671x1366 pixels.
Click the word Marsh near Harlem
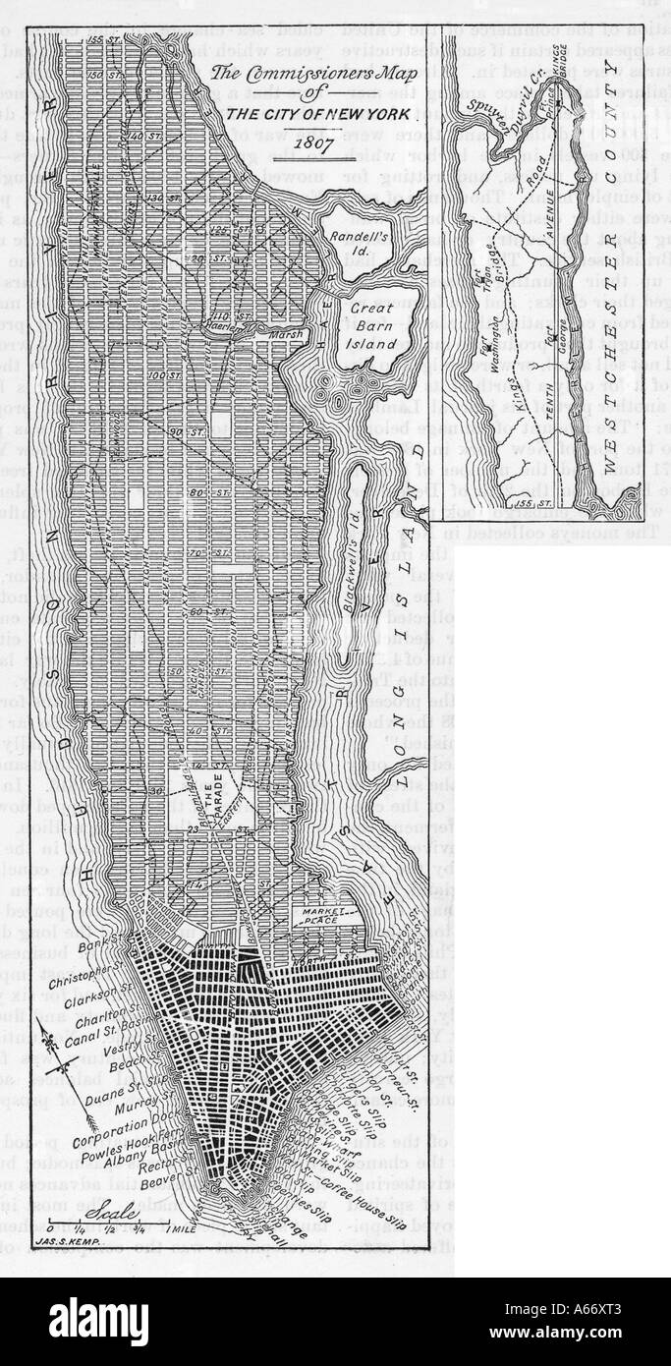[x=291, y=333]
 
